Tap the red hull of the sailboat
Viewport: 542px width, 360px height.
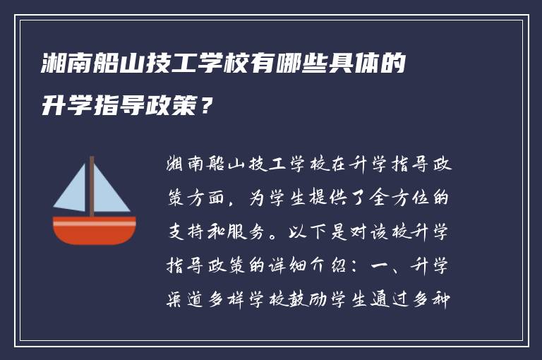point(95,233)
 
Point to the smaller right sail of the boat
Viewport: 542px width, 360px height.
point(109,192)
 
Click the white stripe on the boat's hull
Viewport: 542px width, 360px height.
point(95,222)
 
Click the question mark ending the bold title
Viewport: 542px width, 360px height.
point(205,107)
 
